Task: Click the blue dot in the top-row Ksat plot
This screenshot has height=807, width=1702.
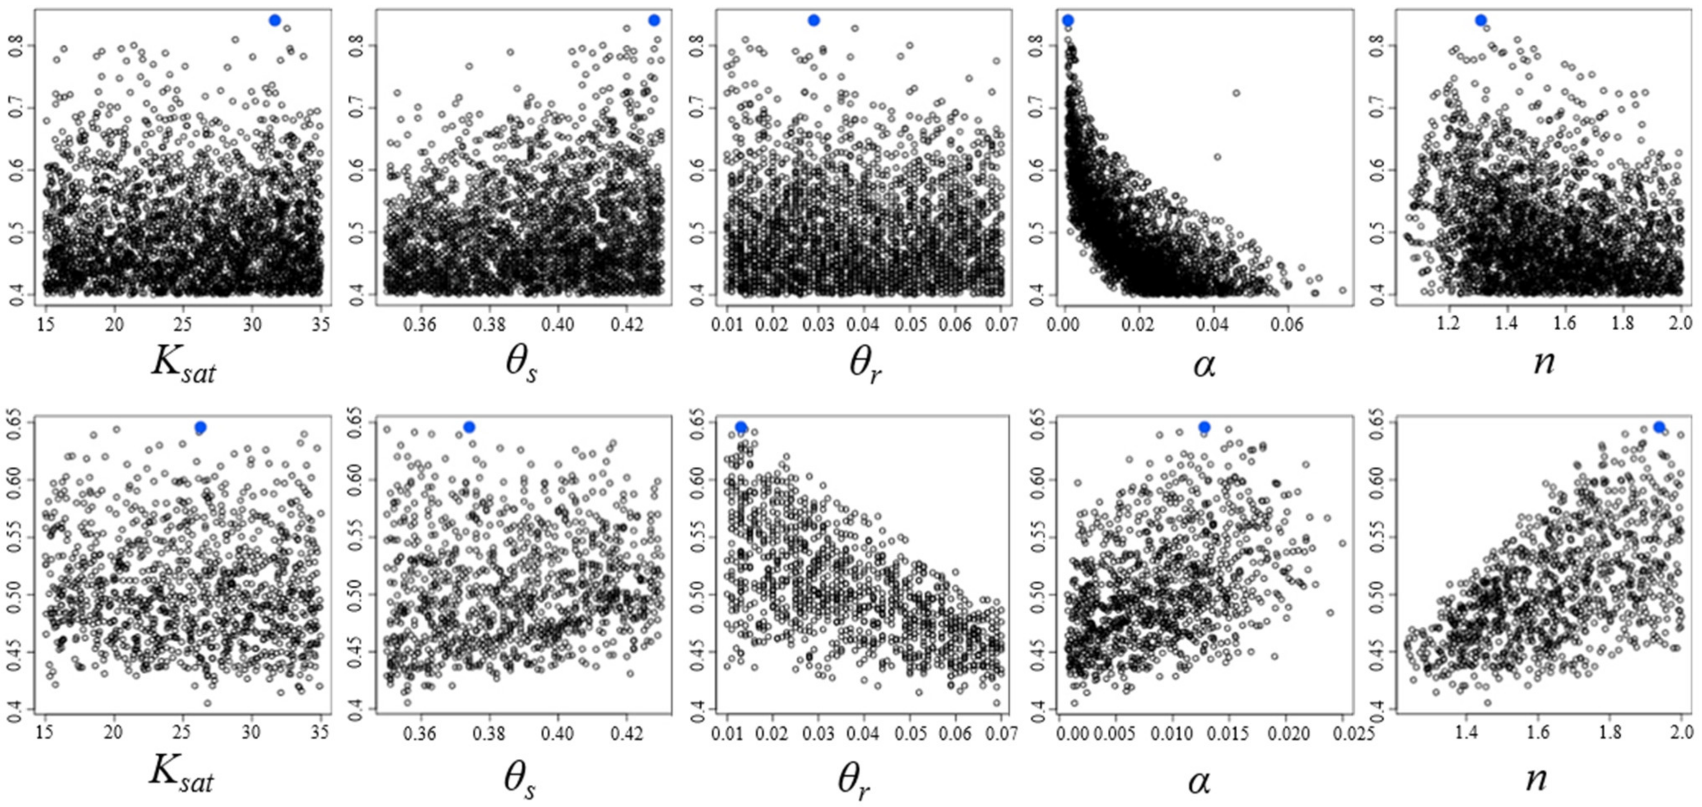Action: [x=275, y=20]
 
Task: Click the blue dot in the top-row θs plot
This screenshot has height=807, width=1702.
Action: [x=654, y=20]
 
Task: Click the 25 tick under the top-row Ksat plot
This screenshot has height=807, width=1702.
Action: [x=183, y=324]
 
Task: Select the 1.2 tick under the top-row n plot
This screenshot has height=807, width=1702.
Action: [x=1448, y=324]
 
